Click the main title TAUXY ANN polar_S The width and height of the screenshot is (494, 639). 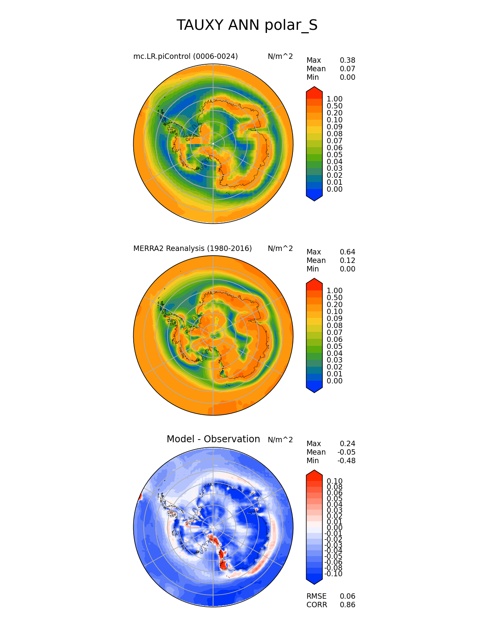(247, 26)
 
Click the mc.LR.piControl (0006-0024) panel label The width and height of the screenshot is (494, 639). (185, 57)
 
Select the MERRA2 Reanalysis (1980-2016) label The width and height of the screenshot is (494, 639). (192, 249)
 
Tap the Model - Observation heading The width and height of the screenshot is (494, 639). (213, 439)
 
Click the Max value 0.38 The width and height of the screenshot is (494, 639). (347, 60)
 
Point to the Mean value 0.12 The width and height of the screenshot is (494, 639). (347, 261)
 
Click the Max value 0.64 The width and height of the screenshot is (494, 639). (347, 252)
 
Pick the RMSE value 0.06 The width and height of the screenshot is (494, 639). (347, 596)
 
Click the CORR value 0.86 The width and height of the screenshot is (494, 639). (347, 605)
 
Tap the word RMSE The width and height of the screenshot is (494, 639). (316, 596)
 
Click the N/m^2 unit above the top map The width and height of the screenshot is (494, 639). (280, 57)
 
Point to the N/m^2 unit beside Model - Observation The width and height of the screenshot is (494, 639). (280, 440)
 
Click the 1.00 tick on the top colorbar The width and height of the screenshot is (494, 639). (334, 99)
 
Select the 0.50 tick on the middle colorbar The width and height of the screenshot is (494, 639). (334, 298)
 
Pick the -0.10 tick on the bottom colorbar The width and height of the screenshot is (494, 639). (333, 574)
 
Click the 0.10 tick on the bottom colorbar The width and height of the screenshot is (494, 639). (334, 481)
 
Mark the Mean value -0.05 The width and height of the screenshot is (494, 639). (346, 452)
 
